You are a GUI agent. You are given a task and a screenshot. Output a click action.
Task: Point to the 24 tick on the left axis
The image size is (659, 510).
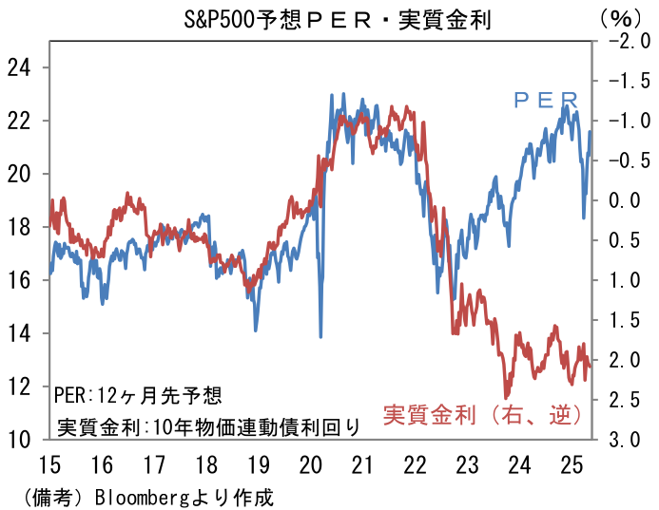[19, 67]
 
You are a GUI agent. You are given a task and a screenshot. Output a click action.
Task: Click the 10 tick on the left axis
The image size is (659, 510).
[19, 439]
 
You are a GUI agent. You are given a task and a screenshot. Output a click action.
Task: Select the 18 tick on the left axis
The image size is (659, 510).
[19, 227]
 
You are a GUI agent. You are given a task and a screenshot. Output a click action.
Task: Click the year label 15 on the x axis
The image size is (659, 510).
[49, 466]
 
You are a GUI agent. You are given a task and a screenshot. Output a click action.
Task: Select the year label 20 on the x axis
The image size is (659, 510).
[310, 466]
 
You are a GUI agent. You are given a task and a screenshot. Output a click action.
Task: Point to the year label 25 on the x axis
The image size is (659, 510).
[571, 466]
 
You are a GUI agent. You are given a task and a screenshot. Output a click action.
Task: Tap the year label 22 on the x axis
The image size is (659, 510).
[415, 466]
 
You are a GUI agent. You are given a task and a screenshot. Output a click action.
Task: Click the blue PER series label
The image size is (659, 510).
[546, 99]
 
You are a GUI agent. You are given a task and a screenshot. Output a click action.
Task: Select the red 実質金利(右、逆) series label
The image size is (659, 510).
[482, 415]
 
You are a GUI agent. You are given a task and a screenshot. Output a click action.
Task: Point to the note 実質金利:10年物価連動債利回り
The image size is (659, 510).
[207, 426]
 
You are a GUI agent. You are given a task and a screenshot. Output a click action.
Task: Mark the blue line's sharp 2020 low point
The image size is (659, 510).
[320, 335]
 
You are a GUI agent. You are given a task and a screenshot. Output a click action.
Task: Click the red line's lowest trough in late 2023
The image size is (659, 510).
[507, 397]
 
